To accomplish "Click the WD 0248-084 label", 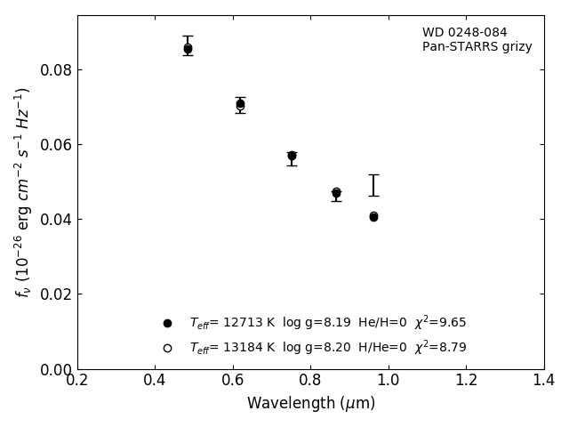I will (464, 33).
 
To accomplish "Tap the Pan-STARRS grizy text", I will (477, 47).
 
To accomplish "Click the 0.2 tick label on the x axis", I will (77, 381).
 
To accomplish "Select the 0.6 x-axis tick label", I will (233, 381).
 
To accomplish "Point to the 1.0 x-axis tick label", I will (389, 381).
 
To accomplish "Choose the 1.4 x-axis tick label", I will (544, 381).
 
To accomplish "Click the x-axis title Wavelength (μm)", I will (311, 404).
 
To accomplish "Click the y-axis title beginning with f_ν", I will (23, 192).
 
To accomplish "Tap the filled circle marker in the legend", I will (167, 323).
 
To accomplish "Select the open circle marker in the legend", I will (167, 348).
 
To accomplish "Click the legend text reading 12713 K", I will (240, 323).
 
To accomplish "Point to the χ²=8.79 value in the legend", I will (440, 348).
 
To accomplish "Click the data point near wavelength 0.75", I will (292, 156).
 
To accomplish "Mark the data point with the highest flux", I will (188, 49).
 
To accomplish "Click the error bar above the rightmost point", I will (373, 185).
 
